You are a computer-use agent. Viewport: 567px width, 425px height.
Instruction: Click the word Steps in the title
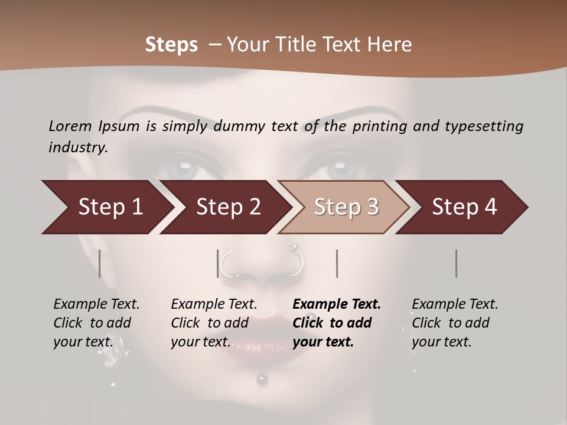coord(171,45)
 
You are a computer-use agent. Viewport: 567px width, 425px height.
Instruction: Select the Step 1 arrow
coord(106,207)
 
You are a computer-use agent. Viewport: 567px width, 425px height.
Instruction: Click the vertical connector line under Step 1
coord(100,263)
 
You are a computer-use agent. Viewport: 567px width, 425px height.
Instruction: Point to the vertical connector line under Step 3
coord(337,263)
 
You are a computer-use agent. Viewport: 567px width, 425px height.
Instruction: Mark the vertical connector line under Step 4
coord(456,263)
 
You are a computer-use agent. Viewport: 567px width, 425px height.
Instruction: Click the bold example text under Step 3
coord(337,323)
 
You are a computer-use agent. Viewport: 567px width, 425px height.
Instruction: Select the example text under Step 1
coord(96,323)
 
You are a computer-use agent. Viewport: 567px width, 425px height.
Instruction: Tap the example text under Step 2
coord(214,323)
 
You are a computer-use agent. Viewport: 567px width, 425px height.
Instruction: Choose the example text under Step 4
coord(455,323)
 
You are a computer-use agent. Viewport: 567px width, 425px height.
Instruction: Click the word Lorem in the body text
coord(70,126)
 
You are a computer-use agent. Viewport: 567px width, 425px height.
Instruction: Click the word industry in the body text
coord(77,148)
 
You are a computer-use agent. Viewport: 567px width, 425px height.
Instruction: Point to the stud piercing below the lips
coord(262,380)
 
